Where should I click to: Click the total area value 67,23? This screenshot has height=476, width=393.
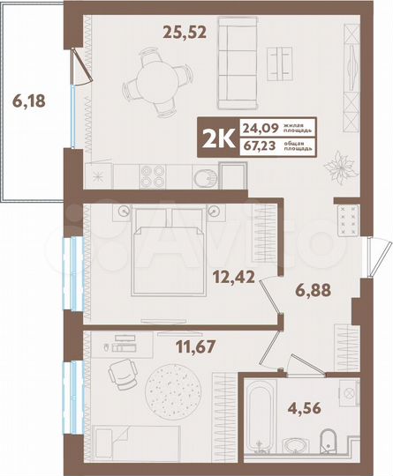[x=257, y=147]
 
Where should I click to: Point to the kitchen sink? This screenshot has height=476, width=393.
[x=203, y=175]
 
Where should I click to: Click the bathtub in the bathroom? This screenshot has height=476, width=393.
[x=266, y=419]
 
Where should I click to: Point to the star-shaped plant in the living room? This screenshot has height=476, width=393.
[x=338, y=164]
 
